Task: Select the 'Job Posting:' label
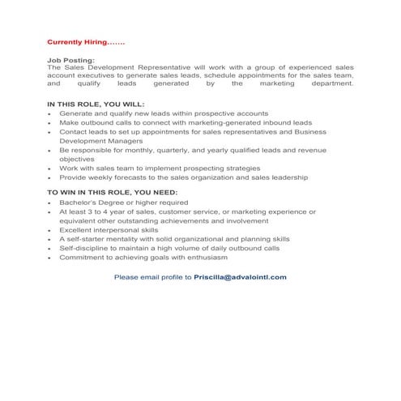(70, 60)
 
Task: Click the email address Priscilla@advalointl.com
(240, 276)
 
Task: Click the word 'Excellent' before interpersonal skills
(76, 230)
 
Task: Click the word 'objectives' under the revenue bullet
(78, 159)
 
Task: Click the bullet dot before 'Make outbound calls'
(50, 124)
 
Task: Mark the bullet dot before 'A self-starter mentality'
(50, 240)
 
